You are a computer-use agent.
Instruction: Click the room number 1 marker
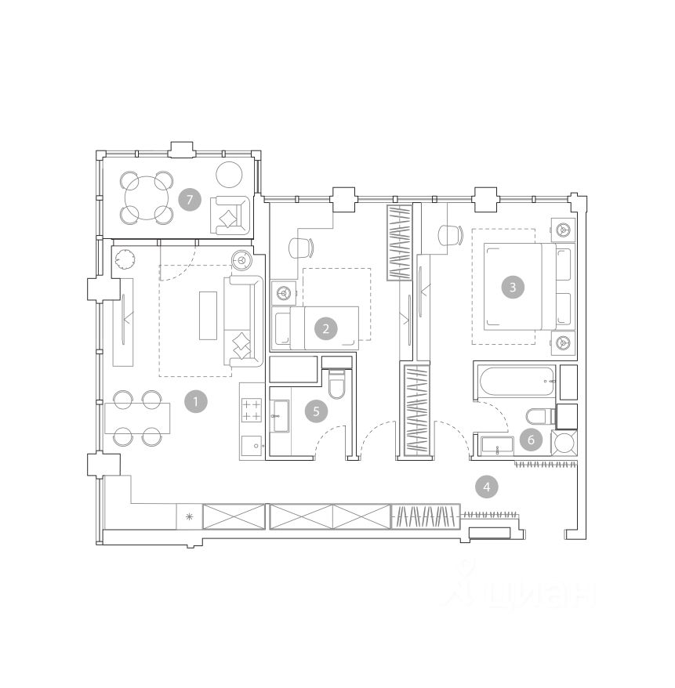coord(195,401)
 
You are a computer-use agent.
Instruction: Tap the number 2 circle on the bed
coord(325,328)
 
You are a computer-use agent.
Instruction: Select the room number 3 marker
coord(512,288)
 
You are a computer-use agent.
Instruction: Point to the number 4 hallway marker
coord(486,487)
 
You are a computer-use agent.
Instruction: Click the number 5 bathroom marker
coord(316,411)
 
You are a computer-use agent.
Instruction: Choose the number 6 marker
coord(531,440)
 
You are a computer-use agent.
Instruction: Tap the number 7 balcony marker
coord(190,200)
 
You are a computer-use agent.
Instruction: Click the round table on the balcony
coord(146,198)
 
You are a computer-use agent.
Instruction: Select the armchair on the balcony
coord(230,215)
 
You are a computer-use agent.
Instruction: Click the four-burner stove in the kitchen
coord(252,410)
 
